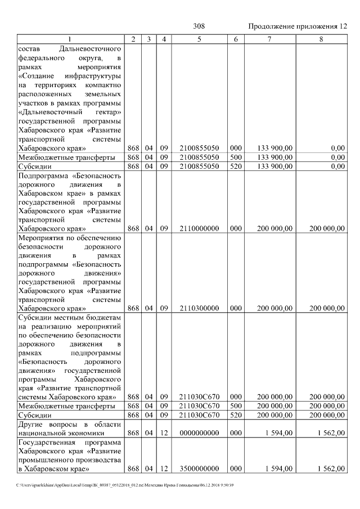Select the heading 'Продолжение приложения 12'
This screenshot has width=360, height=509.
(x=297, y=26)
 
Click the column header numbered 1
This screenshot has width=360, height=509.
(x=70, y=39)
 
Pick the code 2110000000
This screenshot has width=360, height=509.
(x=199, y=228)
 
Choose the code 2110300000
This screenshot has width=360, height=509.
(x=199, y=308)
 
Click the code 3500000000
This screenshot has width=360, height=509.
(x=199, y=469)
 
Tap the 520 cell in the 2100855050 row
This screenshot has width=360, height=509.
(x=236, y=166)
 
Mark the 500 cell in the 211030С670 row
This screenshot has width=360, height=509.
(x=236, y=406)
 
